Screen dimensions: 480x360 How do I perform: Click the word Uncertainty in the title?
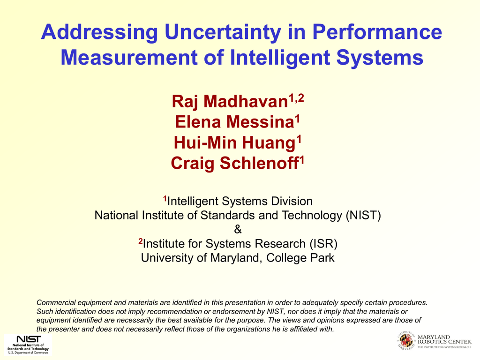(223, 32)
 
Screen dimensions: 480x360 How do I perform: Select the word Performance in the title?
(377, 31)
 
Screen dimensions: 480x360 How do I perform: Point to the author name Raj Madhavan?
(230, 101)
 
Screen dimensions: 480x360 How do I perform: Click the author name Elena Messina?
(234, 122)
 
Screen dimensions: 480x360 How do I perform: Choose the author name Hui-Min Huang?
(234, 143)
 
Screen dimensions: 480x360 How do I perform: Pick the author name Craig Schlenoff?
(234, 163)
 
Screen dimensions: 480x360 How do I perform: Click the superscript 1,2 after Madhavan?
(296, 98)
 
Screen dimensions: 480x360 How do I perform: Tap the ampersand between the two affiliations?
(238, 229)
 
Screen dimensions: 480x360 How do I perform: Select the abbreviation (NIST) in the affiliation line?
(363, 216)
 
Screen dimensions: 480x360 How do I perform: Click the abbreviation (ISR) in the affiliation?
(323, 244)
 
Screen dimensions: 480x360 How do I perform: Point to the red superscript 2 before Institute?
(141, 241)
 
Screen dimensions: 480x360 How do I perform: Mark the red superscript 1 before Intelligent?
(165, 199)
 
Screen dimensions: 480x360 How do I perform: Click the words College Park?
(300, 258)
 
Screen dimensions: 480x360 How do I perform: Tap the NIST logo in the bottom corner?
(28, 345)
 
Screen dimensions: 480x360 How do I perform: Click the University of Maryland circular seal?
(406, 340)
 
